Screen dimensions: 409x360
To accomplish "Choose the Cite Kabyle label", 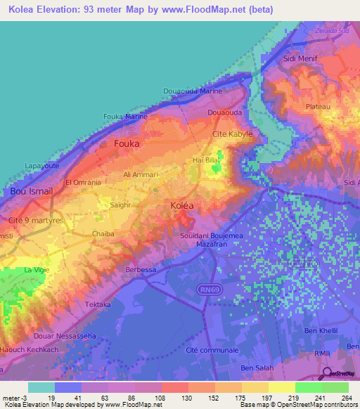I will (232, 134).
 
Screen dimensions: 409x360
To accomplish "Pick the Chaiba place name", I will (103, 233).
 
